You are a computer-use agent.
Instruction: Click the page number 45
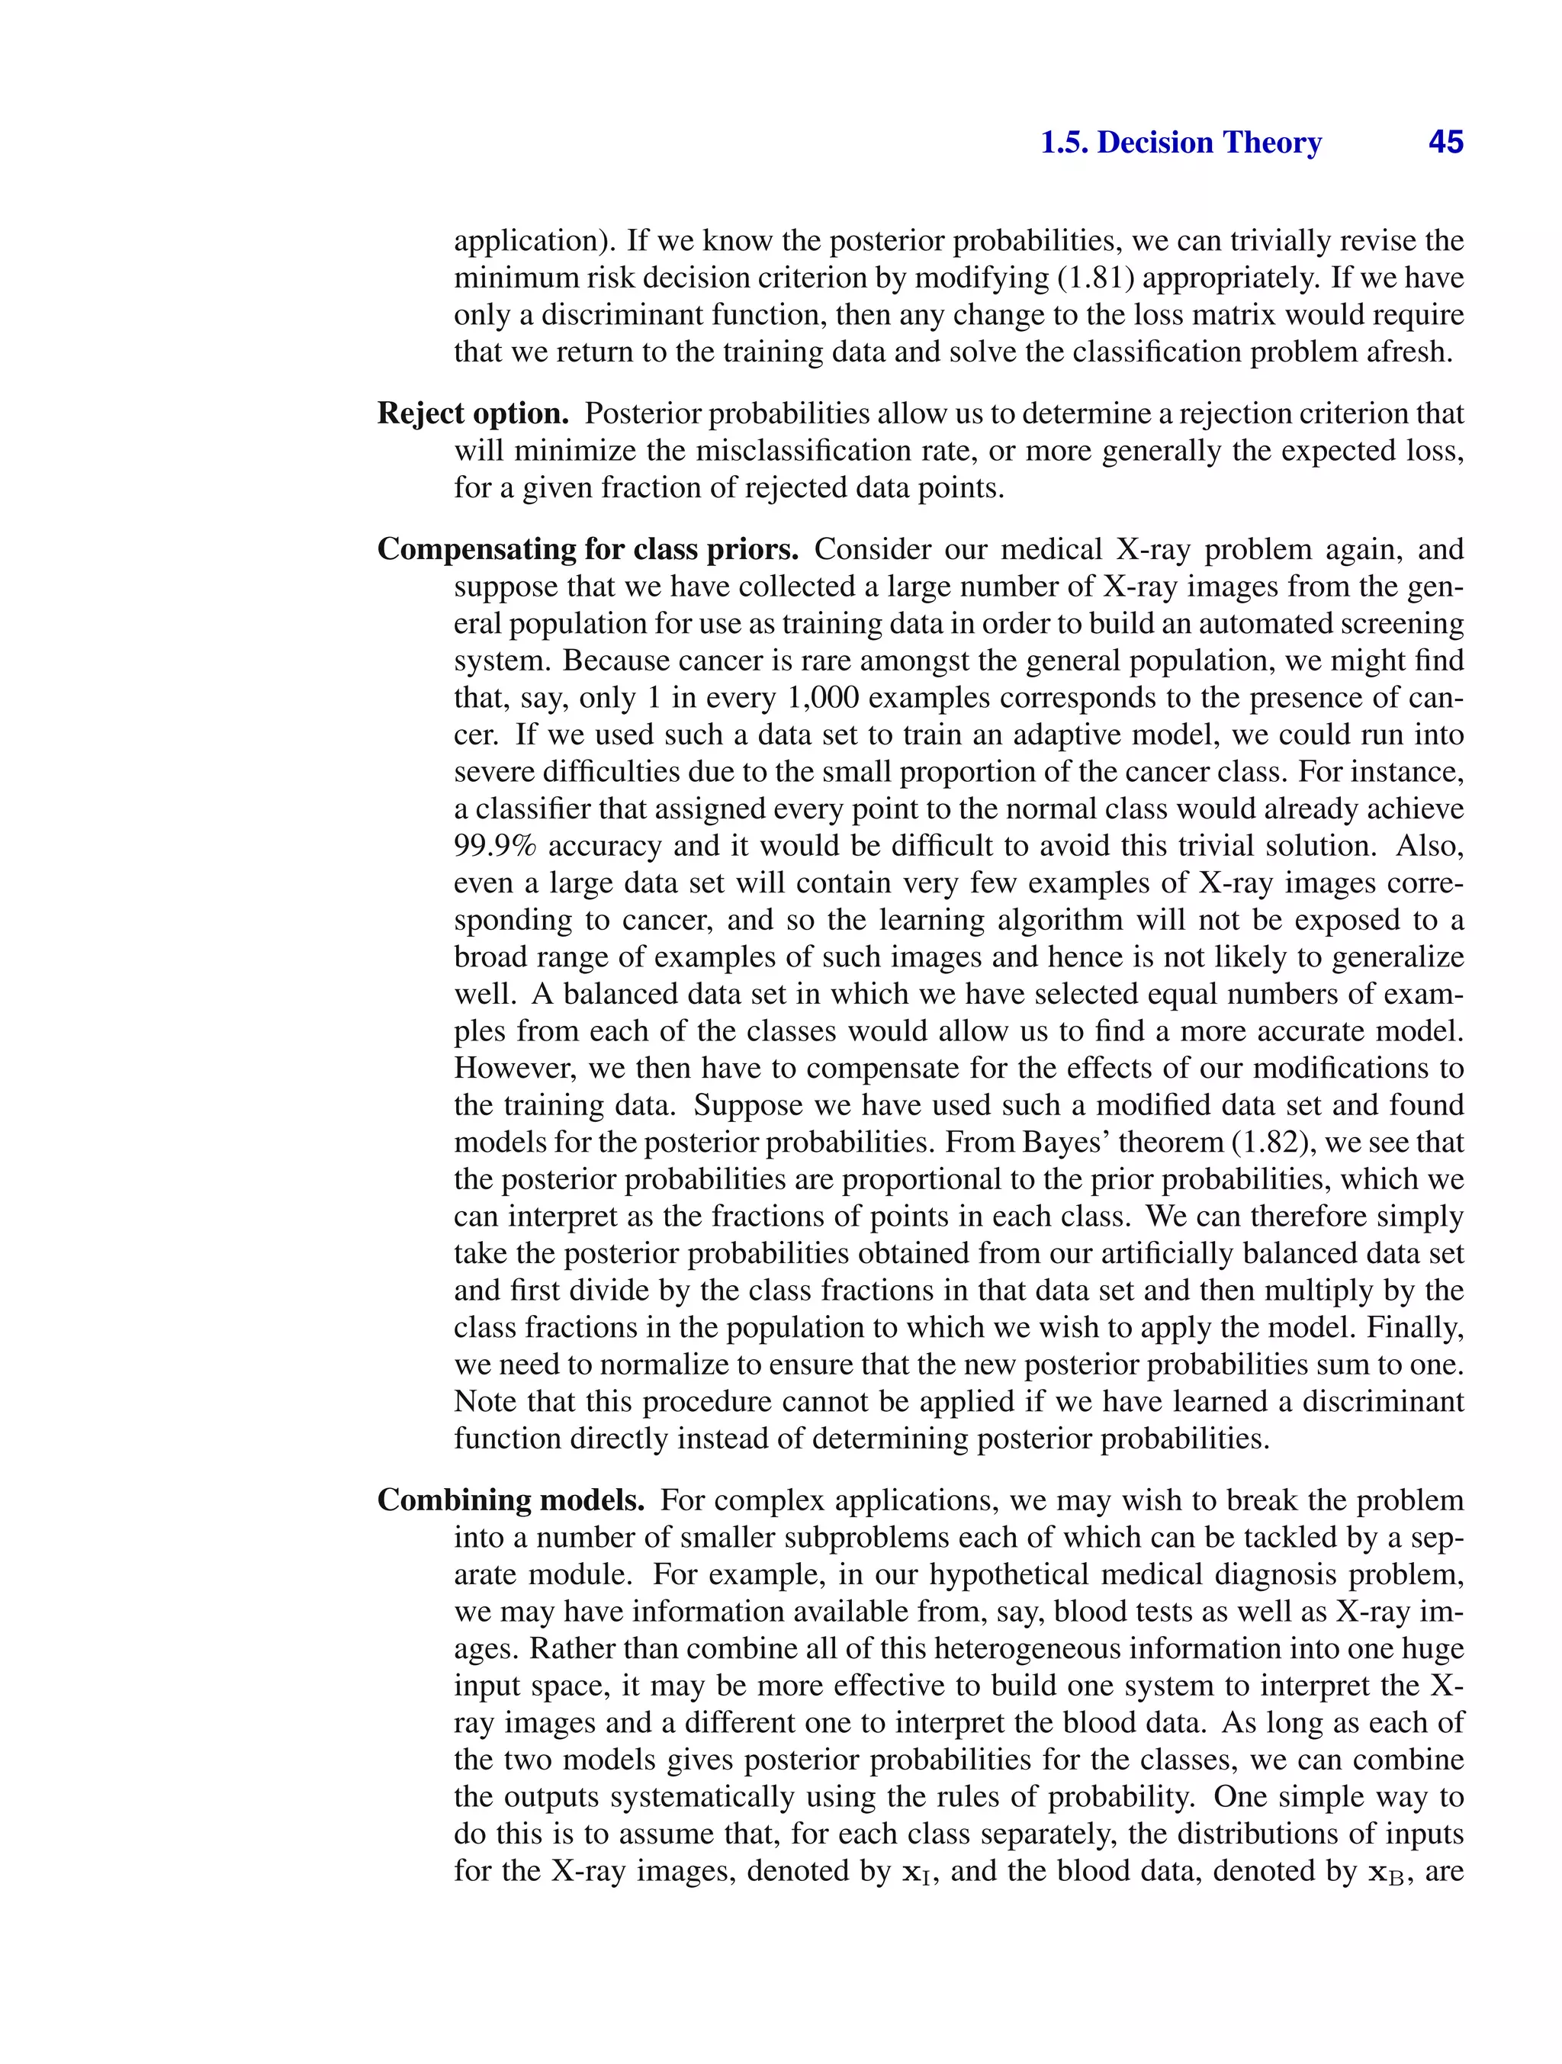coord(1445,143)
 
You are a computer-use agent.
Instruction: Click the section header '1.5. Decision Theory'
coord(1181,143)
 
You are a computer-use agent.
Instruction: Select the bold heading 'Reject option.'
coord(473,413)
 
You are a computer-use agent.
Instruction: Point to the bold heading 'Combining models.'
coord(510,1500)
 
